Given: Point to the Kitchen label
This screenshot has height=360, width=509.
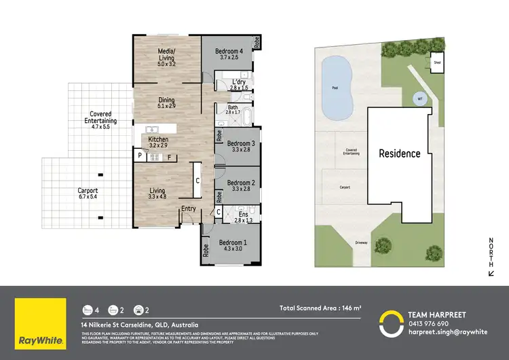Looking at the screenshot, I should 158,141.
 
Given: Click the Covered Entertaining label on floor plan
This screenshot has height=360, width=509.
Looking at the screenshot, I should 100,118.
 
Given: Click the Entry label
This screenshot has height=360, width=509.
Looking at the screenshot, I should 188,209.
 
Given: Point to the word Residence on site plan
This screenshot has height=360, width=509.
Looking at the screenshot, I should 399,154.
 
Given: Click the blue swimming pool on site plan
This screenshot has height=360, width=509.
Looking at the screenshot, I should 336,87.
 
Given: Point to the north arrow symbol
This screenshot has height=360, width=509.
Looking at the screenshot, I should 491,272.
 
